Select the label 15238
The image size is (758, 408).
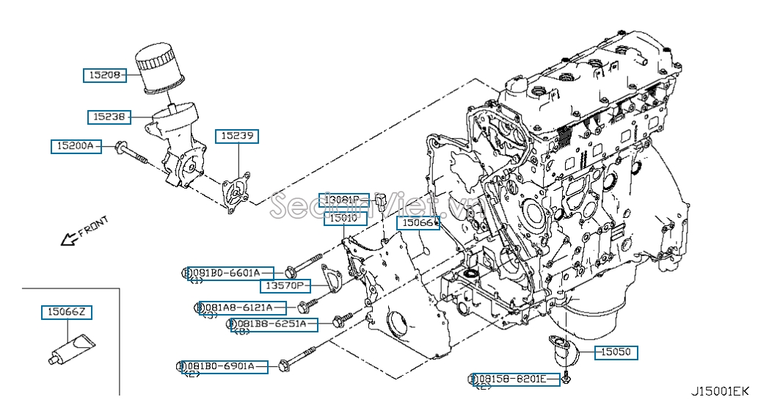[109, 116]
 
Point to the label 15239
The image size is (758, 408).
[237, 136]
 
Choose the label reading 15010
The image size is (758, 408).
[343, 218]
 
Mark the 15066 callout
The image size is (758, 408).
[418, 222]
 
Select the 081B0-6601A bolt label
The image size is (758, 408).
[230, 272]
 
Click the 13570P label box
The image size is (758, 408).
[285, 285]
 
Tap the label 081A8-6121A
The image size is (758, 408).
[238, 307]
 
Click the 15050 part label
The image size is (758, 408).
[615, 352]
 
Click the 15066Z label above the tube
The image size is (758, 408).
[67, 313]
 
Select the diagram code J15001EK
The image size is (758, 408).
[718, 391]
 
